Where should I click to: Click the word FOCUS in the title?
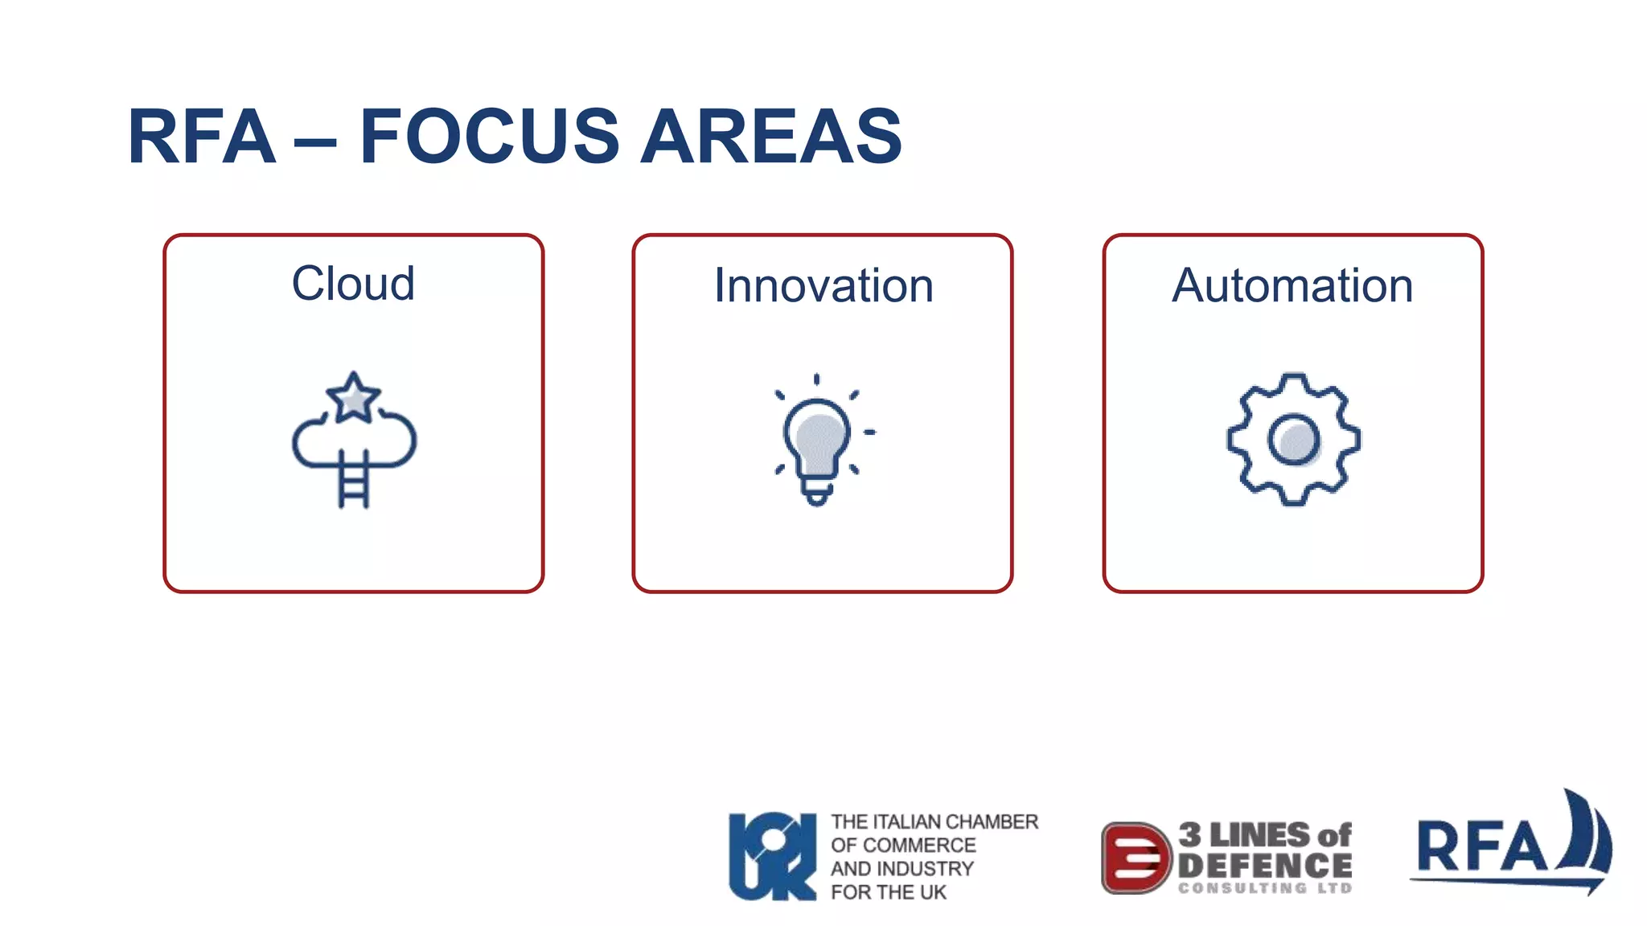coord(489,137)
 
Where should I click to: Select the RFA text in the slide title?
coord(202,137)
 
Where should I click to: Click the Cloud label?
coord(353,284)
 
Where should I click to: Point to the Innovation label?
coord(823,285)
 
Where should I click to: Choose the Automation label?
coord(1292,285)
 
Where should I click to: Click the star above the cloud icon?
coord(353,398)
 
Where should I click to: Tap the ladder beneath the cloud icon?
coord(354,480)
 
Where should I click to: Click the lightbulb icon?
coord(817,439)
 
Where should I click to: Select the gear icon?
coord(1293,439)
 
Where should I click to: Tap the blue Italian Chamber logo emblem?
coord(772,856)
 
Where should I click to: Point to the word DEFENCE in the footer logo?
coord(1264,866)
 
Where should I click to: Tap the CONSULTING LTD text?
coord(1264,888)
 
